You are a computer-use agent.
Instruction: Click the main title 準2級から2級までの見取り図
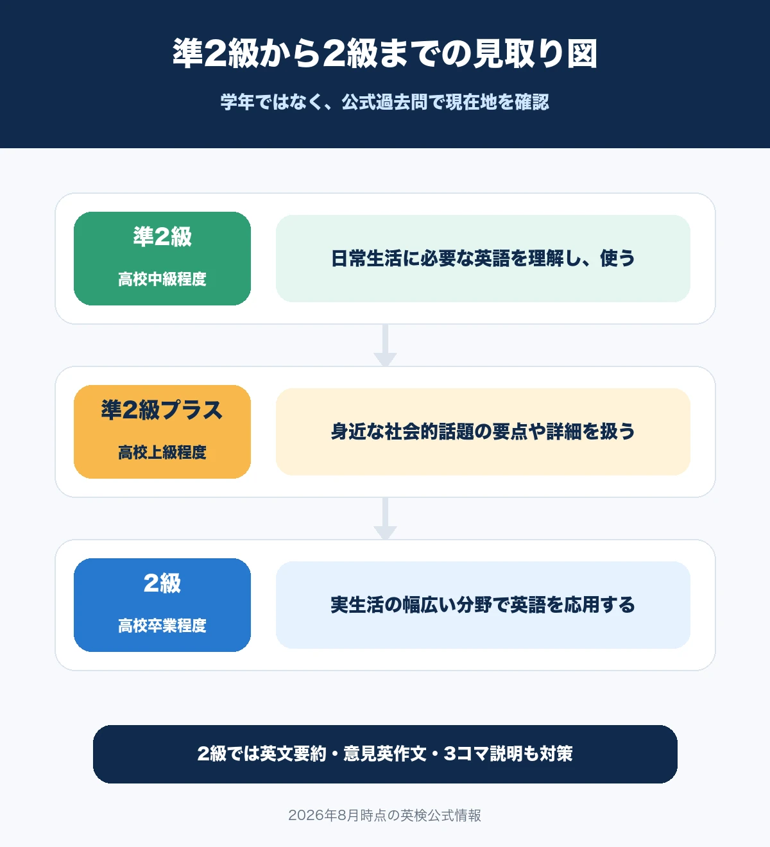coord(385,53)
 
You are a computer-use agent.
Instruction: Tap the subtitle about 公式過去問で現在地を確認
coord(385,102)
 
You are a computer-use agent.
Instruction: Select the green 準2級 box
coord(162,259)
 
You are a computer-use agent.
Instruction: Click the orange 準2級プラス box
coord(162,432)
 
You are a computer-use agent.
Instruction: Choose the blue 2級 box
coord(162,605)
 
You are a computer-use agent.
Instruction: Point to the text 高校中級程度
coord(162,279)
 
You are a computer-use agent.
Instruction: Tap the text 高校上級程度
coord(162,452)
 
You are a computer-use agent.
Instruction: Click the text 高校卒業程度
coord(162,626)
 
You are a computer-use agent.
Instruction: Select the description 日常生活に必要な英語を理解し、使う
coord(483,259)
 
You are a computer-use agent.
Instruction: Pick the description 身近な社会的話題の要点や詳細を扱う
coord(483,432)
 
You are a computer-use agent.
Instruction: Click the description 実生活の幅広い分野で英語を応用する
coord(483,604)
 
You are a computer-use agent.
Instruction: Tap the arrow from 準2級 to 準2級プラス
coord(385,345)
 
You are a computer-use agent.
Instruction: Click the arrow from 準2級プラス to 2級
coord(385,518)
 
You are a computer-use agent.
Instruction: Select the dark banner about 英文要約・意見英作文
coord(385,754)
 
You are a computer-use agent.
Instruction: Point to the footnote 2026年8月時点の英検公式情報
coord(385,816)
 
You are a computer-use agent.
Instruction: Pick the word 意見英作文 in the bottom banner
coord(385,754)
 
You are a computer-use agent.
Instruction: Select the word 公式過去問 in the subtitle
coord(384,102)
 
